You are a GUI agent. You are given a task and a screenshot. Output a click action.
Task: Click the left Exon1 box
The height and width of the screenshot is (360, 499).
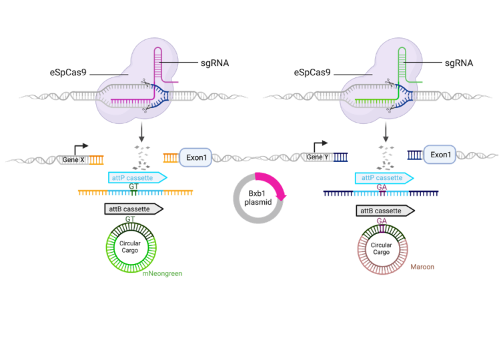pyautogui.click(x=195, y=157)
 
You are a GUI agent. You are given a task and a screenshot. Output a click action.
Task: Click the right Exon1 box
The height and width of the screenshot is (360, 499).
pyautogui.click(x=440, y=155)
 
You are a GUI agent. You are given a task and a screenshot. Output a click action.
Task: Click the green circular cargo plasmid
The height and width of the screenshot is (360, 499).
pyautogui.click(x=131, y=249)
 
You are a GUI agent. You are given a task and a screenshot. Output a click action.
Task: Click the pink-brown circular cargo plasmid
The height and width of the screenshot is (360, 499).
pyautogui.click(x=382, y=251)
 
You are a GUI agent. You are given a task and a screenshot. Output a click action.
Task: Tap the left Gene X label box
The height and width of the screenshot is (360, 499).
pyautogui.click(x=73, y=159)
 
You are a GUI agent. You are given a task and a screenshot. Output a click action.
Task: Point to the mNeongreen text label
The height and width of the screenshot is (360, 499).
pyautogui.click(x=163, y=273)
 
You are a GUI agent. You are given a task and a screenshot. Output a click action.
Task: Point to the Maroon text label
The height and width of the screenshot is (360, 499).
pyautogui.click(x=422, y=266)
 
